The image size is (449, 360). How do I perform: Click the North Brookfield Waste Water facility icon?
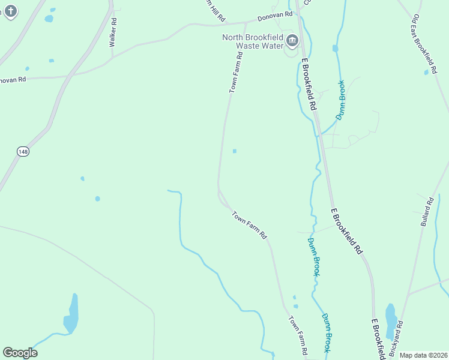(292, 41)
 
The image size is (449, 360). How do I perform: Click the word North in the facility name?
(235, 37)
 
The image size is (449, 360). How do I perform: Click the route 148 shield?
(23, 152)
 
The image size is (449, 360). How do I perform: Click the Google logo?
(20, 352)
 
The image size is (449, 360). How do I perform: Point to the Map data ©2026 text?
(423, 355)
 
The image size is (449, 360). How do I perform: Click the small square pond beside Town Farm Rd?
(234, 151)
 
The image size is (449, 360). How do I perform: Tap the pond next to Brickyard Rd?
(391, 322)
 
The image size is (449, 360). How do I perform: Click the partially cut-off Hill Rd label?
(214, 11)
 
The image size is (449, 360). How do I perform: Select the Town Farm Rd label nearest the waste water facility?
(236, 72)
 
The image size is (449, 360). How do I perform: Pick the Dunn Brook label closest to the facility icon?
(340, 100)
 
